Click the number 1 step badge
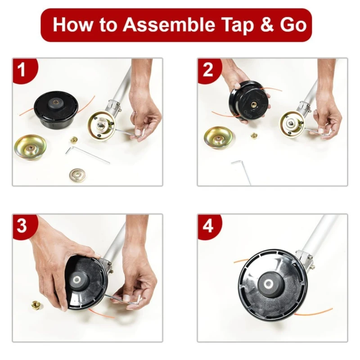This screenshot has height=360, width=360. point(21,70)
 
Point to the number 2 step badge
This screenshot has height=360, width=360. point(207,70)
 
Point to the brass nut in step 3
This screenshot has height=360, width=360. point(35,305)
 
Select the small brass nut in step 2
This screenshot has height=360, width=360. point(254,135)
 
